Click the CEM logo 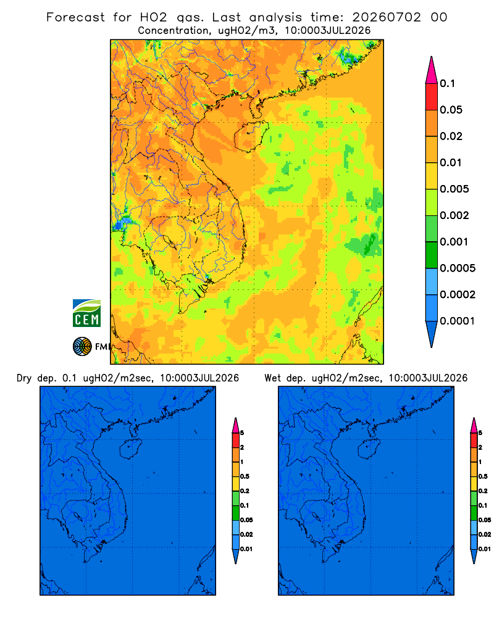[x=86, y=313]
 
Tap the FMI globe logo [x=82, y=346]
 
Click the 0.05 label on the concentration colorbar [x=451, y=110]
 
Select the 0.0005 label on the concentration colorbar [x=458, y=268]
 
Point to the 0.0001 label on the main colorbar [x=457, y=321]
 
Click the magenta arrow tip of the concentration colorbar [x=432, y=70]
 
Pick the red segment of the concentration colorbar [x=432, y=97]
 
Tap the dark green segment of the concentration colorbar [x=432, y=255]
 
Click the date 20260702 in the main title [x=387, y=17]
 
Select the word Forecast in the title [x=75, y=17]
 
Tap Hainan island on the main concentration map [x=251, y=136]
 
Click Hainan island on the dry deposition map [x=130, y=449]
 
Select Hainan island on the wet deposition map [x=369, y=449]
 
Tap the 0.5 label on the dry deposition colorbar [x=245, y=476]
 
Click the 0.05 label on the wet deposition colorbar [x=485, y=520]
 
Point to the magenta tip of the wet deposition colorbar [x=474, y=425]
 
